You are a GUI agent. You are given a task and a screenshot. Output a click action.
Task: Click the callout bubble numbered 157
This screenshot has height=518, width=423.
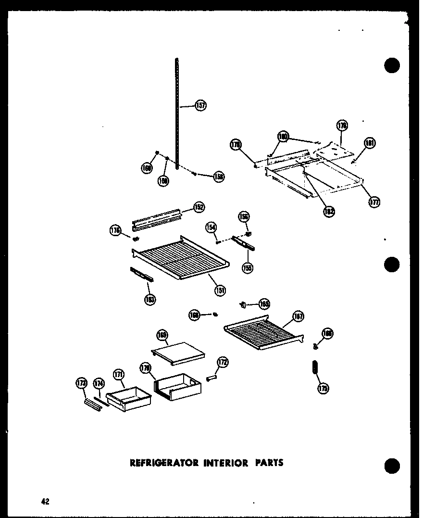(x=201, y=105)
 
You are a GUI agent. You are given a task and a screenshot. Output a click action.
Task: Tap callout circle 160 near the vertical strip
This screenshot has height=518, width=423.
(x=147, y=168)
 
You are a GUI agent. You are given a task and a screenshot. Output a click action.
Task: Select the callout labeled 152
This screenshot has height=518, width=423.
(x=199, y=207)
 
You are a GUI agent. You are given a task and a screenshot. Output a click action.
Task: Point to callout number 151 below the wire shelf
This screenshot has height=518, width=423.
(x=221, y=290)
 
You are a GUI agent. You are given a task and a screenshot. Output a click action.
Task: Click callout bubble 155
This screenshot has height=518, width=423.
(x=248, y=268)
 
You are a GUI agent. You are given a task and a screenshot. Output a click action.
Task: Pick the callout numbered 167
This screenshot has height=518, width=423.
(x=298, y=316)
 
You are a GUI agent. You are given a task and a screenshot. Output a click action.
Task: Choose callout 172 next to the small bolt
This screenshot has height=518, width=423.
(x=223, y=362)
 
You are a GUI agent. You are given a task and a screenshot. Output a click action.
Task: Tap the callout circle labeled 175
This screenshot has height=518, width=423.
(x=323, y=389)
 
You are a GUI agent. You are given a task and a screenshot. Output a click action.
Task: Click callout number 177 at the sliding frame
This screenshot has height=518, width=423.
(x=374, y=202)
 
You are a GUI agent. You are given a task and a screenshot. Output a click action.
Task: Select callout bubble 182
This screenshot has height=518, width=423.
(x=329, y=211)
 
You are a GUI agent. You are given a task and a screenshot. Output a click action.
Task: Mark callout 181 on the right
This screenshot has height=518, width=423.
(x=369, y=143)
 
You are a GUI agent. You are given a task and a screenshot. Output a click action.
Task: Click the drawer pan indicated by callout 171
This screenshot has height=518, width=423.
(x=129, y=398)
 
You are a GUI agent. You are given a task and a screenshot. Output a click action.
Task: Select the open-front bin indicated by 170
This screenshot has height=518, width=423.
(x=177, y=387)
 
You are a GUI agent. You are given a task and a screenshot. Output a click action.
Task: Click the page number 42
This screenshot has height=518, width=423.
(x=45, y=501)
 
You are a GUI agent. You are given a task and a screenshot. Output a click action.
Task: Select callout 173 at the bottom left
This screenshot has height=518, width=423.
(x=81, y=383)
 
